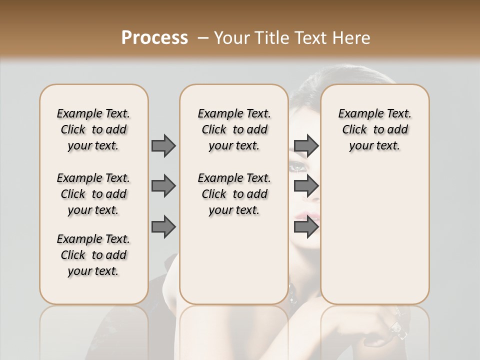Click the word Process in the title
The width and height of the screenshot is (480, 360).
point(154,38)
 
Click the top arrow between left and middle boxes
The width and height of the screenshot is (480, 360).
point(163,145)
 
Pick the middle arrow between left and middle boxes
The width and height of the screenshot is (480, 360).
point(163,186)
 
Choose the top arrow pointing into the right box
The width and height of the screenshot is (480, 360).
point(306,145)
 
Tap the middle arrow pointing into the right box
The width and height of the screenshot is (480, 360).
point(306,186)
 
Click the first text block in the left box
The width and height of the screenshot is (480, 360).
point(93,129)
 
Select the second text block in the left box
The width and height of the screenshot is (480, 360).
point(93,194)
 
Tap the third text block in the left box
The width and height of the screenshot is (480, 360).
point(93,255)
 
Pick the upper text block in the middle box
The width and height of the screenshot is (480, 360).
point(234,129)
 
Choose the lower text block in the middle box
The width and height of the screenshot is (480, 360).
point(234,194)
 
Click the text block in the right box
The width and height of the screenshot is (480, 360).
point(375,129)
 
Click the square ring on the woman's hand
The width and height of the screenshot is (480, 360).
point(396,327)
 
